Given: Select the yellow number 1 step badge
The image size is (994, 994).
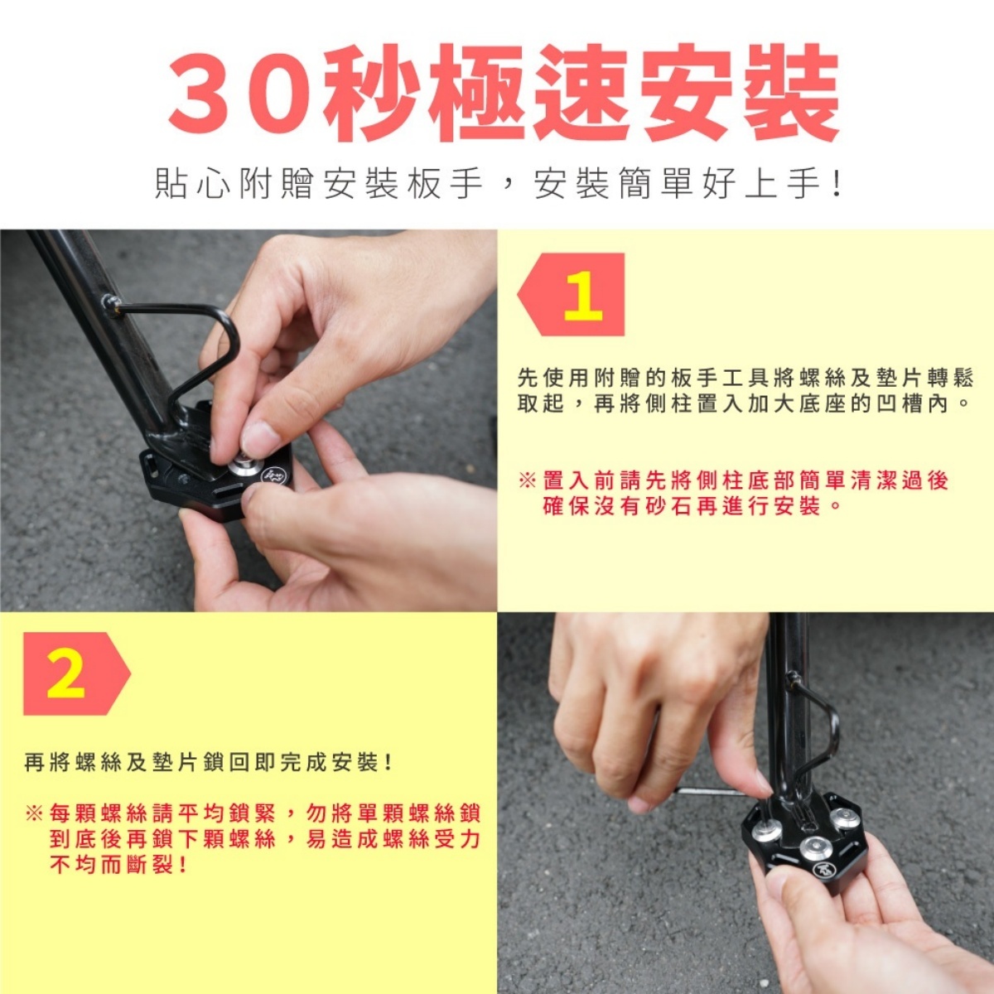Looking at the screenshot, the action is pyautogui.click(x=583, y=295).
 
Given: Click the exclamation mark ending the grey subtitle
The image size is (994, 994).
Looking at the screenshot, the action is pyautogui.click(x=837, y=184).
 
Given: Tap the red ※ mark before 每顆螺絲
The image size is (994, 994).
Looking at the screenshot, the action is pyautogui.click(x=34, y=814).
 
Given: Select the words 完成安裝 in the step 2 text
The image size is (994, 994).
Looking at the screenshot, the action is pyautogui.click(x=331, y=762).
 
